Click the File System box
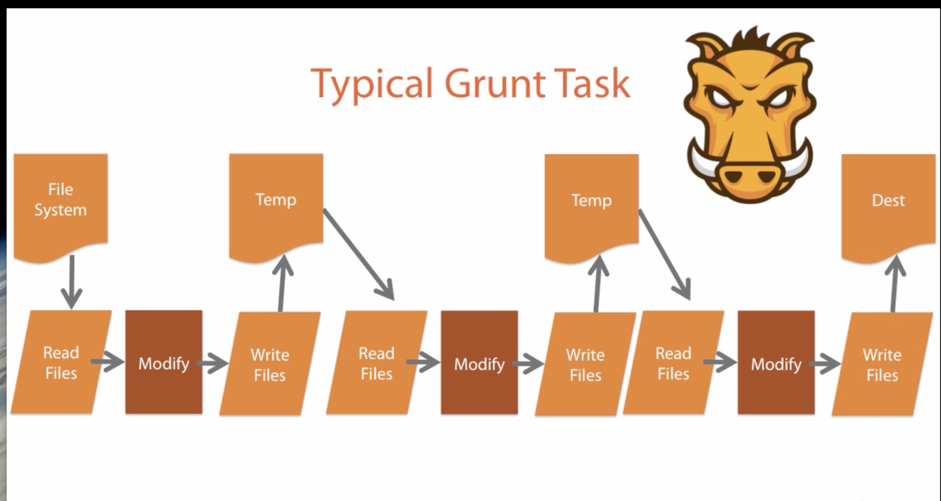(x=61, y=200)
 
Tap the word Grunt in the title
(x=495, y=84)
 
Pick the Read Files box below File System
(x=61, y=363)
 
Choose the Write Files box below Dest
(x=882, y=364)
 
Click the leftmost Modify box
(x=163, y=363)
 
